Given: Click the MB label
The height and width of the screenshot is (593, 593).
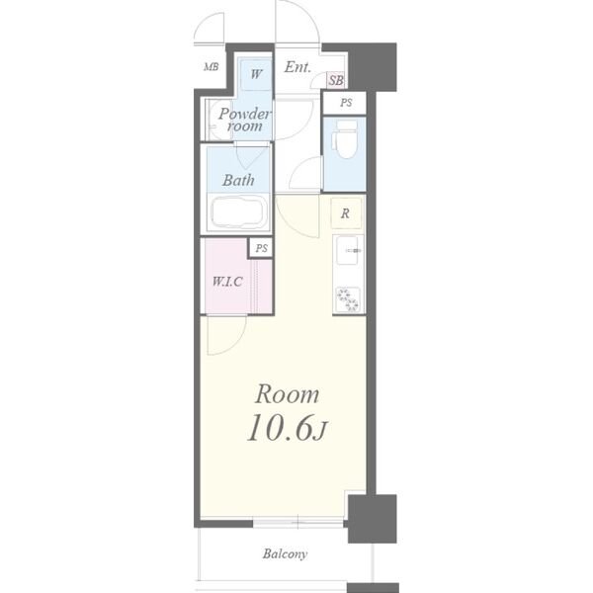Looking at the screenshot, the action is point(212,67).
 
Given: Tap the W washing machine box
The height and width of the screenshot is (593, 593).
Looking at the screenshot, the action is point(256,74).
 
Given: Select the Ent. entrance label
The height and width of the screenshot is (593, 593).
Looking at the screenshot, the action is point(297,67).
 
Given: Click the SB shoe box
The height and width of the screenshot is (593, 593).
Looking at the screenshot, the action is point(336,80).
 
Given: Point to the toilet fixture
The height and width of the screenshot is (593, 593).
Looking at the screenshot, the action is point(345,139).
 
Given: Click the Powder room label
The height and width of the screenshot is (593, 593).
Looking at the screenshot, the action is point(244,120).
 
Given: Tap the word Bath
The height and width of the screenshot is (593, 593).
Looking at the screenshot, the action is point(238,180).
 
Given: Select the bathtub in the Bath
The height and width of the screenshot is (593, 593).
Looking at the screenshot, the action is point(239,212).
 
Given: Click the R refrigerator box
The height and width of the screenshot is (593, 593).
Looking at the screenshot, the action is point(346,213).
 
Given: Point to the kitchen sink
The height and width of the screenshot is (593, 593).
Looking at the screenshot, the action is point(348,250).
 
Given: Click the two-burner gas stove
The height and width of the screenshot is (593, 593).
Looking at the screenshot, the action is point(348,299).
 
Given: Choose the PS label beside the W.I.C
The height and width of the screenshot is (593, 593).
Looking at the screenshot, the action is point(261,248).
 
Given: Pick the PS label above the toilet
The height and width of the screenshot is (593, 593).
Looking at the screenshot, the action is point(346,103).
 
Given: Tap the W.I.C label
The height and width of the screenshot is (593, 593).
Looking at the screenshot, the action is point(227,282).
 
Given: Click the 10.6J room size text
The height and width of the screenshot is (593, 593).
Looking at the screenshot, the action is point(287,427).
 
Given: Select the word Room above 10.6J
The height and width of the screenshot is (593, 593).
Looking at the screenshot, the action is point(287,394).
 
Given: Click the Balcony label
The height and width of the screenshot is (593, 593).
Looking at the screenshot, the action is point(285,554).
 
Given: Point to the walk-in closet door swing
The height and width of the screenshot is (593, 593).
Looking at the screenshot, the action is point(226,335).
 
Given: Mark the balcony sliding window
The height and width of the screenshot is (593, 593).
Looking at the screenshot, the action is point(298,524).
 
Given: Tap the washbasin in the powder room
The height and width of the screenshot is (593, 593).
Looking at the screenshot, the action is point(214,120).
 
